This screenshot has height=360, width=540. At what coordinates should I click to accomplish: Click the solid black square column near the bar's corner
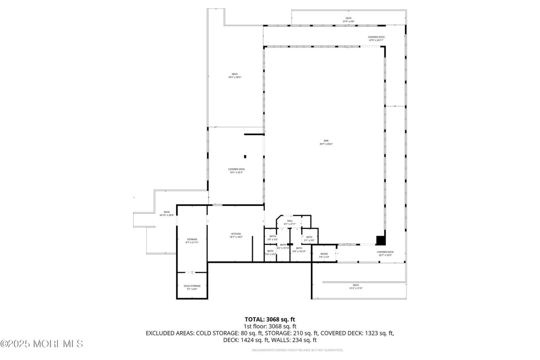click(x=380, y=240)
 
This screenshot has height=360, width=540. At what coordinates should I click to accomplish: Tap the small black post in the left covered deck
click(x=245, y=156)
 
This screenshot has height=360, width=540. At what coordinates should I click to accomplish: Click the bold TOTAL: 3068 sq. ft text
click(x=270, y=319)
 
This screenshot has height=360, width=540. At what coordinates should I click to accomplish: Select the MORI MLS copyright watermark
click(x=42, y=344)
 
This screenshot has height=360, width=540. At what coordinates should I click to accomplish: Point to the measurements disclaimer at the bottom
click(x=297, y=350)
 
